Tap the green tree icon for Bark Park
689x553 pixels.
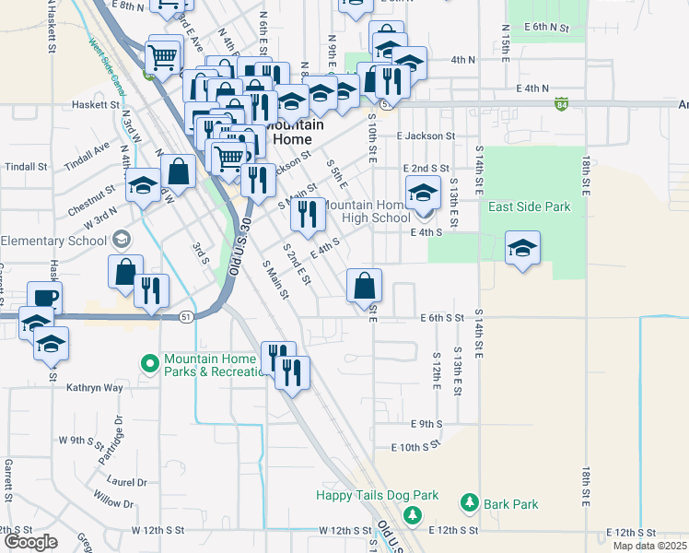pos(470,503)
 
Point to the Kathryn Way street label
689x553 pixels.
pos(94,388)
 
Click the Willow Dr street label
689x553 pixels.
pos(113,503)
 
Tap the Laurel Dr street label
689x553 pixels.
pos(127,481)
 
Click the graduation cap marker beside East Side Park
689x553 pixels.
pos(522,248)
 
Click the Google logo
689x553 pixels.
pos(30,542)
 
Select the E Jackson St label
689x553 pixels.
pos(426,135)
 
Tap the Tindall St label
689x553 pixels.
pos(26,167)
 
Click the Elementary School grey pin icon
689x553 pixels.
pos(119,241)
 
